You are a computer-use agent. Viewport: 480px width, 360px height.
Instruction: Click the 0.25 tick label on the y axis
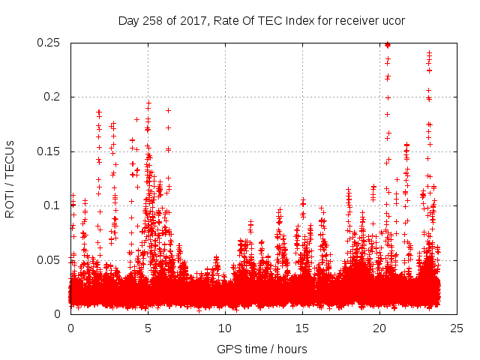49,43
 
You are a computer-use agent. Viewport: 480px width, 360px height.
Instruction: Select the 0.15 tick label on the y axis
49,151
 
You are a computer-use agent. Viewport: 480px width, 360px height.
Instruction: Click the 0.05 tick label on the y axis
49,259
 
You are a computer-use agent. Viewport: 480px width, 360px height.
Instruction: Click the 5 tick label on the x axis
148,328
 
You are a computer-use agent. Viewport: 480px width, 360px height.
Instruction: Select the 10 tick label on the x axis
225,328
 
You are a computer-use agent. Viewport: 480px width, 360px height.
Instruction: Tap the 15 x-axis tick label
302,328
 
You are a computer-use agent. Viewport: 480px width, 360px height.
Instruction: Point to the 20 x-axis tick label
379,328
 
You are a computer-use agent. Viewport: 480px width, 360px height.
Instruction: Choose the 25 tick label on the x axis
457,328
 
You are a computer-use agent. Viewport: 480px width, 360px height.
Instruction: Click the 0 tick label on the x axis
70,328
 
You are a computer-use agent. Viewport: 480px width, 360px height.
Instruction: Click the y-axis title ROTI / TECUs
10,178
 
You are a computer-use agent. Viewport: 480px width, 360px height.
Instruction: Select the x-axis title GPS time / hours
262,349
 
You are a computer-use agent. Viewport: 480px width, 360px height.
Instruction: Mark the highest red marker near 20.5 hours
387,44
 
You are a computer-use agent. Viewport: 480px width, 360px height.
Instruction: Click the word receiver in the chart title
355,20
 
